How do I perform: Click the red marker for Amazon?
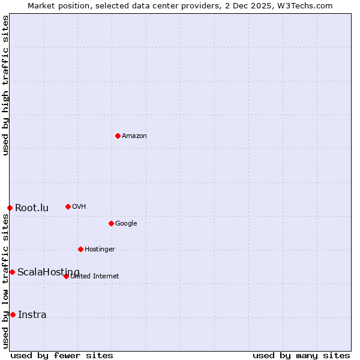tap(118, 136)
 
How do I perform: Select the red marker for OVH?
tap(68, 206)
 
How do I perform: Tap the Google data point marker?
tap(111, 223)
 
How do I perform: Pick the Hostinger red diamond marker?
tap(80, 249)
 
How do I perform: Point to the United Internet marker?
tap(66, 276)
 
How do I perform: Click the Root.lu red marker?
tap(10, 208)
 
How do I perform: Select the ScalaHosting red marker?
tap(12, 272)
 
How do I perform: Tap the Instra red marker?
tap(13, 314)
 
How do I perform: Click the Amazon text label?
tap(134, 136)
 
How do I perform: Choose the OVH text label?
tap(79, 207)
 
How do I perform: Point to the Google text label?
tap(126, 224)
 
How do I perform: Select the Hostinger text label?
tap(100, 250)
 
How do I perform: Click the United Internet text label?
tap(95, 277)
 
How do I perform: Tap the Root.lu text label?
tap(32, 208)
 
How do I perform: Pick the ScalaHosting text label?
tap(49, 272)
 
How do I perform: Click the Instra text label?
tap(32, 315)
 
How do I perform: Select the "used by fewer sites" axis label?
tap(62, 355)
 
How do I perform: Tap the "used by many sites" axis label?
tap(301, 355)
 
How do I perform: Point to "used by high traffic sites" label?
tap(5, 86)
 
